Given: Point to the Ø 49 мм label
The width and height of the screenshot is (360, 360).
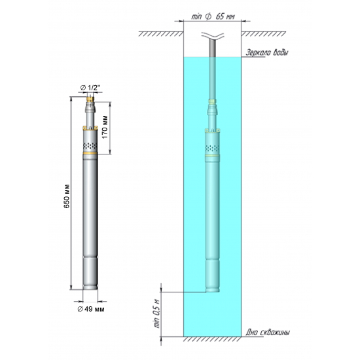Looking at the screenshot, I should (90, 308).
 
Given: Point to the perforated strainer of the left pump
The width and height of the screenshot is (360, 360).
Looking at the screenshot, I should (90, 143).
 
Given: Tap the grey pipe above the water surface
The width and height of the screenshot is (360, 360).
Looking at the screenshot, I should (212, 49).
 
